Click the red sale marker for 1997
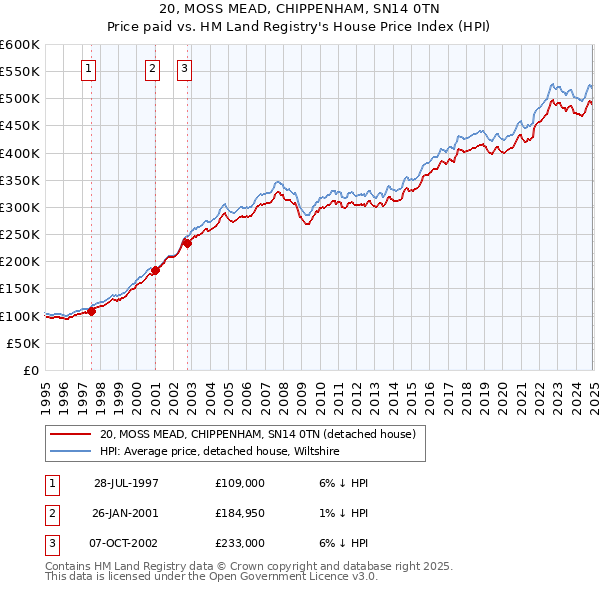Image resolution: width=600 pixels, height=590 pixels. (91, 311)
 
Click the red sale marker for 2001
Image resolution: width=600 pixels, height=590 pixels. (156, 269)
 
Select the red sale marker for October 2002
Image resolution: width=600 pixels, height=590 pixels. (187, 242)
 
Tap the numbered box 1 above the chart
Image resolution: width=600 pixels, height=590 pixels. (89, 69)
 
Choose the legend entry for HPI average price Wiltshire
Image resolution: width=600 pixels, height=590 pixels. (220, 451)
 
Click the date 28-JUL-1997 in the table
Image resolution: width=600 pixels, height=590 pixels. (126, 482)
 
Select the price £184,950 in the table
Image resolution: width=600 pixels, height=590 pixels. (240, 513)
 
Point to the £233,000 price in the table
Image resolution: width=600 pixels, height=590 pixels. (240, 543)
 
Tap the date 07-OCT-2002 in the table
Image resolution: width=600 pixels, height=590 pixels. (126, 543)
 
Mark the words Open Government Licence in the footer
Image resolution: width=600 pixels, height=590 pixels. (281, 576)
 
